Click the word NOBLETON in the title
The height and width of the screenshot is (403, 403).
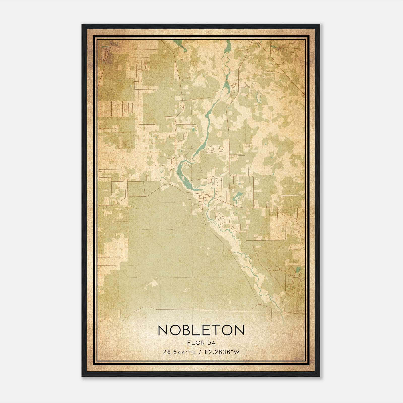click(x=201, y=330)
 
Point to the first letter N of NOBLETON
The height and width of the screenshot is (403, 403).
click(x=163, y=330)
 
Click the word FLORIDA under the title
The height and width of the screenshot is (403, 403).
click(x=201, y=343)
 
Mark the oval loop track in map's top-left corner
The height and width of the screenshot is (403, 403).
click(x=105, y=54)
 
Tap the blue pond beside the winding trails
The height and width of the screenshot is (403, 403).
click(x=298, y=271)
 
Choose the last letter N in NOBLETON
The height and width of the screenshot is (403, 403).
click(x=240, y=330)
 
